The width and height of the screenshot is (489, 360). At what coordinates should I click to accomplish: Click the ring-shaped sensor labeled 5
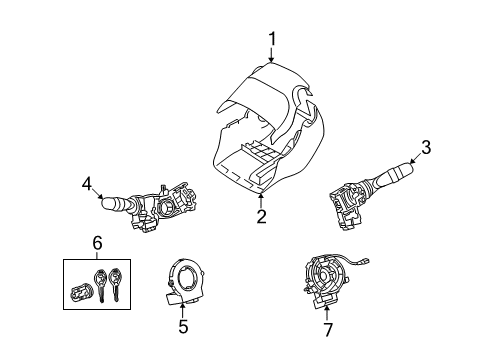[186, 279]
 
